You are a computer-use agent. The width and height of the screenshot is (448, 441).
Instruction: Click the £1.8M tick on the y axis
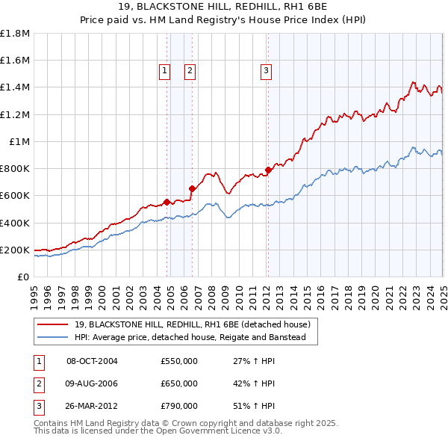[15, 34]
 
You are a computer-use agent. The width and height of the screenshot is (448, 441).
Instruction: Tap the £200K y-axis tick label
[15, 250]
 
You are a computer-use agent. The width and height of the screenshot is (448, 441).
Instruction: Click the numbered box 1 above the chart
[164, 71]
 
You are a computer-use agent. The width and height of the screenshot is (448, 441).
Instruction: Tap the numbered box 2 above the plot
[190, 71]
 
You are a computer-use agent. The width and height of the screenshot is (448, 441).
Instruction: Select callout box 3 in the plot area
[266, 71]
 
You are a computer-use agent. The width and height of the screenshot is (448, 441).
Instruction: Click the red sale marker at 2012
[267, 170]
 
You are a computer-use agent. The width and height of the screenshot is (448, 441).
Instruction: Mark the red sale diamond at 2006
[192, 188]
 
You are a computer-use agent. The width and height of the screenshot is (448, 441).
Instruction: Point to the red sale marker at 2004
[167, 202]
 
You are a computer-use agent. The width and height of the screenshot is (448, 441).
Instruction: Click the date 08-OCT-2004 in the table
[93, 362]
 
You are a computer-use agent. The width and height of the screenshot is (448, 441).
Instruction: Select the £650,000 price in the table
[179, 383]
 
